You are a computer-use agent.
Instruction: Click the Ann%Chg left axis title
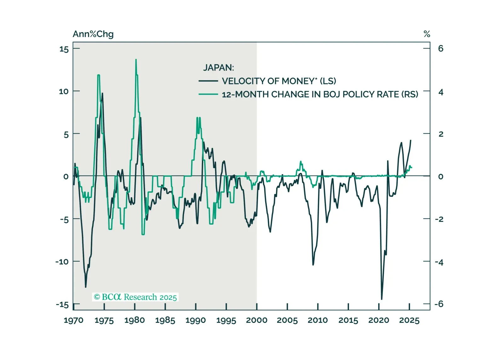(x=93, y=34)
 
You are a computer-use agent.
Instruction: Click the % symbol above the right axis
(x=427, y=34)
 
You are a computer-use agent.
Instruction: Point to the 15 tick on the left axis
(x=64, y=49)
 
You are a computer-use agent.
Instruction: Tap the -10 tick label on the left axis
(x=62, y=262)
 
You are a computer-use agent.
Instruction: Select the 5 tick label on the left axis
(x=66, y=135)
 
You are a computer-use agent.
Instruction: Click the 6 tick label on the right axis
(x=441, y=48)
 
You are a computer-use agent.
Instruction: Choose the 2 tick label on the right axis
(x=441, y=134)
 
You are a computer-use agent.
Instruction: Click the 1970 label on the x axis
(x=73, y=320)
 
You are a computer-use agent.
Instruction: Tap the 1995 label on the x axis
(x=226, y=320)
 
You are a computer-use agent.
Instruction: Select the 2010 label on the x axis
(x=317, y=320)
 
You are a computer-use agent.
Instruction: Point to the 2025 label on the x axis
(x=409, y=320)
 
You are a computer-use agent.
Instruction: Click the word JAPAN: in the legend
(x=219, y=68)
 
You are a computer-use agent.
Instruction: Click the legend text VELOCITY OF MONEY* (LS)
(x=279, y=81)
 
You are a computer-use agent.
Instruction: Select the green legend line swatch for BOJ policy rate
(x=208, y=94)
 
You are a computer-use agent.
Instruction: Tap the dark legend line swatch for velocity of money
(x=208, y=81)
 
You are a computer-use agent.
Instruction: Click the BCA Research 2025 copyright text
(x=135, y=297)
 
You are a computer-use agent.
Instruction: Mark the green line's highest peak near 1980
(x=136, y=59)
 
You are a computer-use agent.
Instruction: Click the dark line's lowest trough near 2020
(x=382, y=299)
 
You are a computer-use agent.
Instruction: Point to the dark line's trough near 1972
(x=86, y=287)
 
